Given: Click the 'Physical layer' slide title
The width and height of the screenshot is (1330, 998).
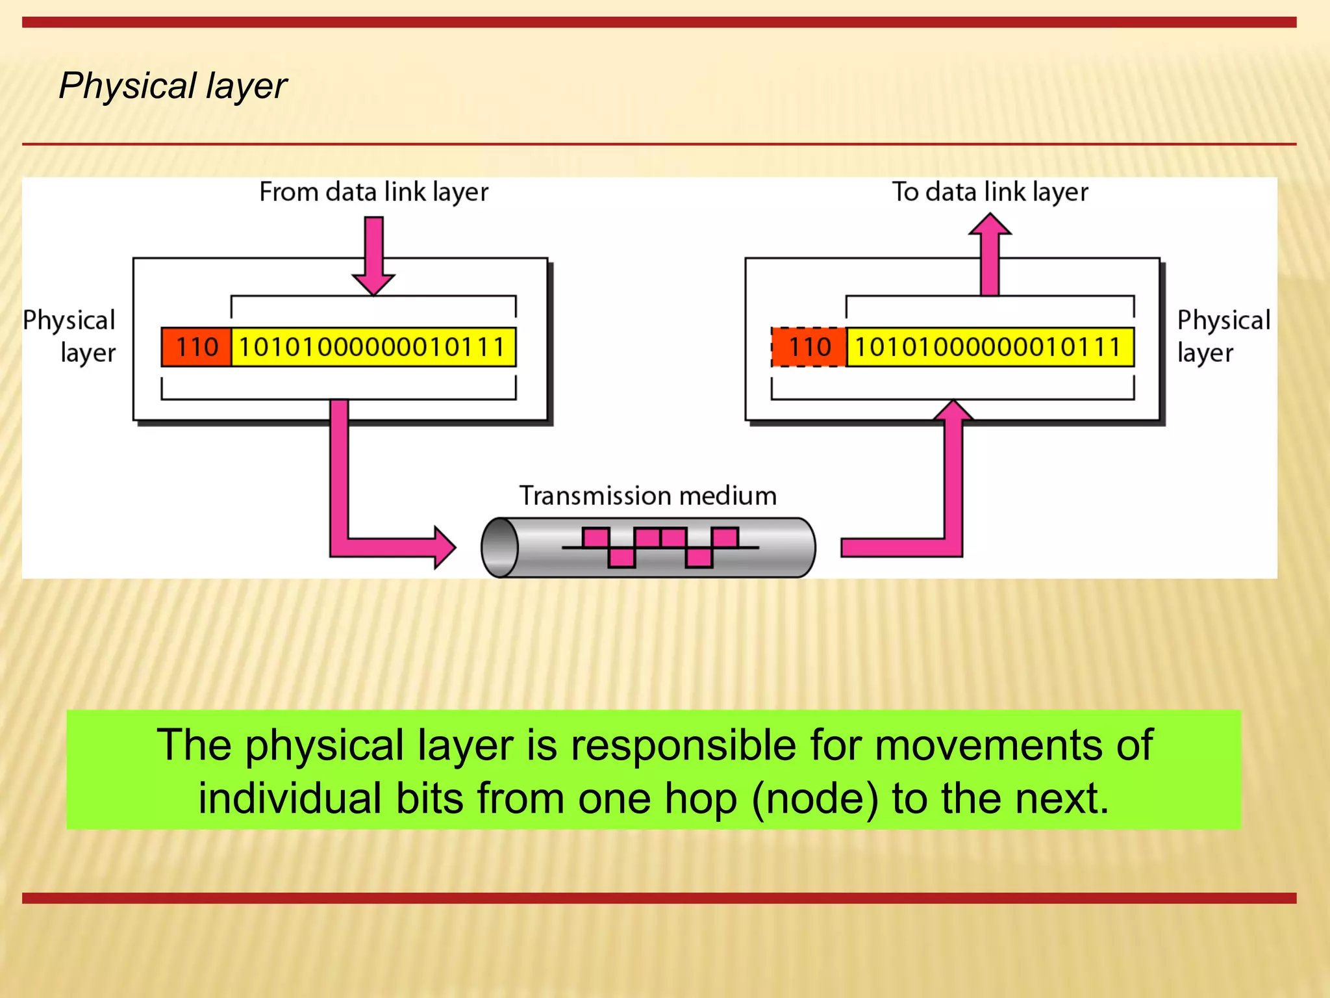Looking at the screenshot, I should point(173,86).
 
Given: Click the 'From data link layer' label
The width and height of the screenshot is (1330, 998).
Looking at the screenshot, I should point(373,192).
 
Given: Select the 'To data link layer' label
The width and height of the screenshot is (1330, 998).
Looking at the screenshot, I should point(990,192).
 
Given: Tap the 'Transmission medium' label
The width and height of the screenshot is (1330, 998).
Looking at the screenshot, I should point(647,496).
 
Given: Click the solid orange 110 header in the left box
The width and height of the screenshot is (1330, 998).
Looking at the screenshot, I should point(196,347).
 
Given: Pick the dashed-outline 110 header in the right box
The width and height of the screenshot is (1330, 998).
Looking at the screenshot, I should point(809,347).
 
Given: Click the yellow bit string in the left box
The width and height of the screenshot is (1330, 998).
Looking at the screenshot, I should point(373,347).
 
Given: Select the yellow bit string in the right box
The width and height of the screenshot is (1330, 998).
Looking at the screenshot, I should point(990,347).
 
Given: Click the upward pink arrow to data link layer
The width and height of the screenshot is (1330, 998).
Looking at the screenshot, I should point(990,253).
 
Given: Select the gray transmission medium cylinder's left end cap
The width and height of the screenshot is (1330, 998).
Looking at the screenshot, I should point(499,548).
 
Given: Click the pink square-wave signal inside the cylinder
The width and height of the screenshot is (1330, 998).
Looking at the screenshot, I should point(660,547).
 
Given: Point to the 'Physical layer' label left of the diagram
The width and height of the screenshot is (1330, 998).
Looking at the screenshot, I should point(70,337).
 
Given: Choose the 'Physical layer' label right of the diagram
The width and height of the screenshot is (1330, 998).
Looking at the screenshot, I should point(1223,337).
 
